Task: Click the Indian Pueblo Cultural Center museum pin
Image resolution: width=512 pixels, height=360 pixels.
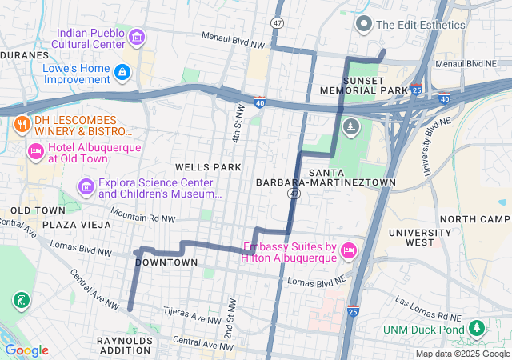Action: pyautogui.click(x=136, y=37)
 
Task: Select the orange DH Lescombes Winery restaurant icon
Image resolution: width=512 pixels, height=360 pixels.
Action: pyautogui.click(x=21, y=124)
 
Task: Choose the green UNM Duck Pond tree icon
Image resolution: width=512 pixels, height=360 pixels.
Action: pyautogui.click(x=477, y=329)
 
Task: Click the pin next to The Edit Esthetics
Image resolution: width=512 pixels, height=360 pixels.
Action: pyautogui.click(x=364, y=24)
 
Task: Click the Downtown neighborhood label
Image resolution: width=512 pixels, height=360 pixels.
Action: pyautogui.click(x=166, y=262)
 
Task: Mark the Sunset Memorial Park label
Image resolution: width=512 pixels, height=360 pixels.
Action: pyautogui.click(x=376, y=86)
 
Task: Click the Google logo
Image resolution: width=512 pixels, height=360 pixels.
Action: pyautogui.click(x=26, y=350)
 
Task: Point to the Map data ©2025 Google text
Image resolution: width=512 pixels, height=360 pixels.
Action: pyautogui.click(x=462, y=354)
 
